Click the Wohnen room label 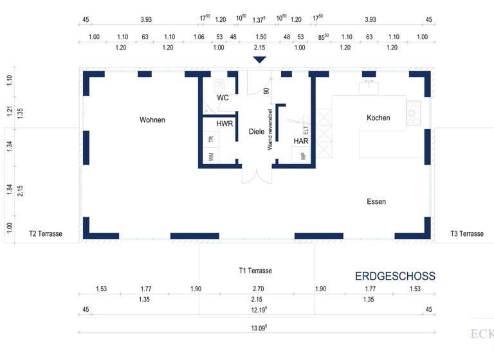152,120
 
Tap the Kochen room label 378,118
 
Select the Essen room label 376,201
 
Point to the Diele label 257,131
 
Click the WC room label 223,98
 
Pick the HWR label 224,123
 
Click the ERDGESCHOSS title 395,276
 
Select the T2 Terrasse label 46,234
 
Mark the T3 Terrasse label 467,234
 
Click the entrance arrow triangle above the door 259,60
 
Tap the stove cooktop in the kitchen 413,113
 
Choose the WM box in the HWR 210,156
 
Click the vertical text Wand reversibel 270,129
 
